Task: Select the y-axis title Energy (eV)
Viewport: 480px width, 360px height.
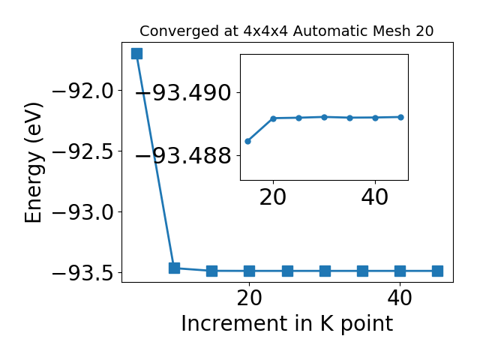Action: tap(33, 163)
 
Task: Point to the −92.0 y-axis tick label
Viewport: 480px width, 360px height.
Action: tap(83, 91)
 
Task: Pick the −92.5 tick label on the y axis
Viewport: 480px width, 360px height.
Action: tap(83, 151)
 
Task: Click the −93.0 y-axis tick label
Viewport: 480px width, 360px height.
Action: tap(83, 212)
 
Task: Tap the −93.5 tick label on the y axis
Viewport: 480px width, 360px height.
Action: tap(83, 273)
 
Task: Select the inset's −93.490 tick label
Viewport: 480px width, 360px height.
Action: tap(183, 93)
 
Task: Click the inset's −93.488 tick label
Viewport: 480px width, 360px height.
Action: tap(183, 155)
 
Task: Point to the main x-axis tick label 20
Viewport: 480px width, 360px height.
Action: tap(250, 298)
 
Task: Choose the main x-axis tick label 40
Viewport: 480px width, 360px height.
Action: tap(400, 298)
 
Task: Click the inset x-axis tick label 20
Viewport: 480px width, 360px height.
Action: tap(273, 197)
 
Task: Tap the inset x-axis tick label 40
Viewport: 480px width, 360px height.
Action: tap(375, 197)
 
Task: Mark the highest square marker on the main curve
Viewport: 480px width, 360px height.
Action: tap(136, 53)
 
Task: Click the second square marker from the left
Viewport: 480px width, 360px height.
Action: tap(175, 268)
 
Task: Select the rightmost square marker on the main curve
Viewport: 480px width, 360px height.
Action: tap(438, 271)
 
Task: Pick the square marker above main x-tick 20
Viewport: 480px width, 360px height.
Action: tap(250, 271)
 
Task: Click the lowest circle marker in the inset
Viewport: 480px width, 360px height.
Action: tap(248, 142)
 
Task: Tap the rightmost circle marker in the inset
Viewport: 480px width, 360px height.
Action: tap(401, 117)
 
